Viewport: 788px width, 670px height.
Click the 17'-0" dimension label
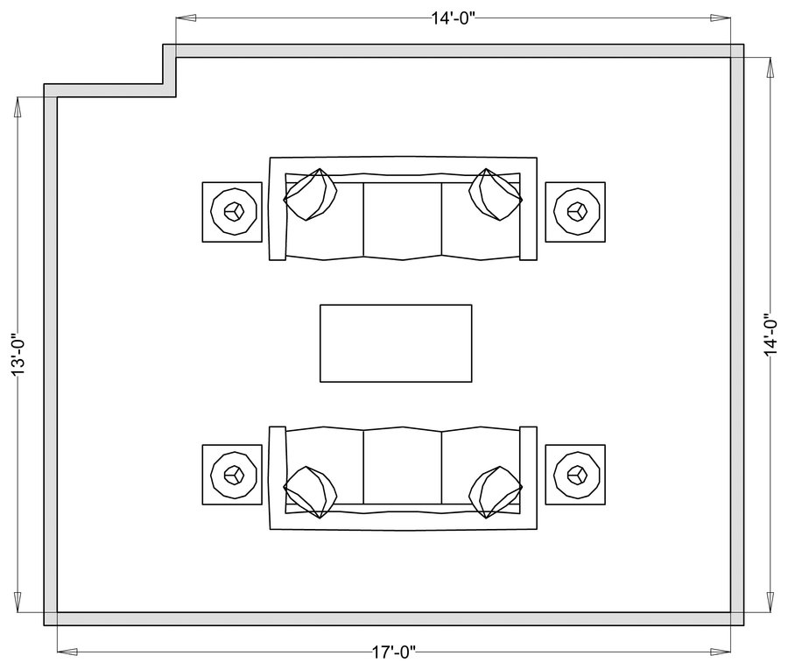(x=394, y=652)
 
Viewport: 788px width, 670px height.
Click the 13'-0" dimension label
(x=18, y=354)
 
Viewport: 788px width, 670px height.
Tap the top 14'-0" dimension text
(x=454, y=18)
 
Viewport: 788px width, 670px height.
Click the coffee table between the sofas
(x=396, y=343)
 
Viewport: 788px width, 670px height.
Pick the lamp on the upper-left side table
(x=234, y=211)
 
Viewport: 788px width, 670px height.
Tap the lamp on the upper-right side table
(x=576, y=211)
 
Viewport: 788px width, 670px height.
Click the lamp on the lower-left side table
(x=234, y=475)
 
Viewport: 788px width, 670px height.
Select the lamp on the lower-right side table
(x=576, y=475)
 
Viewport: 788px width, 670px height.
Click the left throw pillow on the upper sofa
(x=310, y=194)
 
